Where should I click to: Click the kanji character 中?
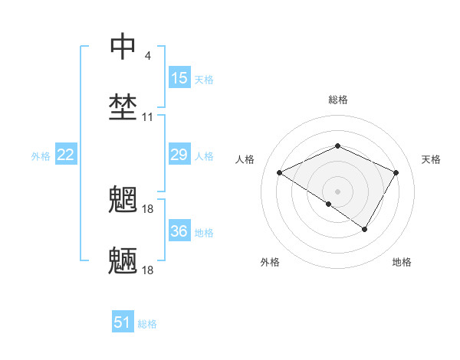pyautogui.click(x=123, y=47)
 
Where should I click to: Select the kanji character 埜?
pyautogui.click(x=123, y=107)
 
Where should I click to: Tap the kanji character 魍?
pyautogui.click(x=123, y=199)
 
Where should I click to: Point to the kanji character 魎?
pyautogui.click(x=123, y=261)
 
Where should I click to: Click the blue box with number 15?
pyautogui.click(x=179, y=78)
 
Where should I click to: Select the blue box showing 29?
pyautogui.click(x=179, y=155)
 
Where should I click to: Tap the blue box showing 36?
pyautogui.click(x=179, y=231)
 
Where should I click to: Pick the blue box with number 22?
pyautogui.click(x=66, y=155)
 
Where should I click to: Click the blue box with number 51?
pyautogui.click(x=123, y=322)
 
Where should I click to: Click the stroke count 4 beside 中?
pyautogui.click(x=147, y=56)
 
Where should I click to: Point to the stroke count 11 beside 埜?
pyautogui.click(x=148, y=117)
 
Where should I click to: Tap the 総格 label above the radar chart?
pyautogui.click(x=337, y=100)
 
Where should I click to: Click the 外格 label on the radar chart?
pyautogui.click(x=270, y=263)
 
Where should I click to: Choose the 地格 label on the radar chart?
pyautogui.click(x=402, y=263)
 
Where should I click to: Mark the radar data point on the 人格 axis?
pyautogui.click(x=280, y=173)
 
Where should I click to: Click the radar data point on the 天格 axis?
pyautogui.click(x=396, y=172)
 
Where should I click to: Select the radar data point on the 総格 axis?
pyautogui.click(x=337, y=146)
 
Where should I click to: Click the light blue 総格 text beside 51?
pyautogui.click(x=147, y=324)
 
